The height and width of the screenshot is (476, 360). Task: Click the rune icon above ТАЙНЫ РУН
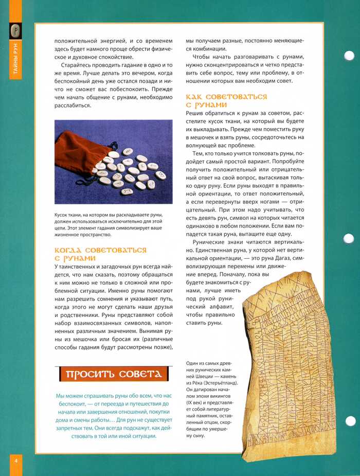click(x=16, y=31)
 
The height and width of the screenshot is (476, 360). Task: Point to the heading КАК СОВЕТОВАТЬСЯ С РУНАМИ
click(x=227, y=100)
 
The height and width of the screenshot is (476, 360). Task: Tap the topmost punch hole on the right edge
click(x=349, y=56)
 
